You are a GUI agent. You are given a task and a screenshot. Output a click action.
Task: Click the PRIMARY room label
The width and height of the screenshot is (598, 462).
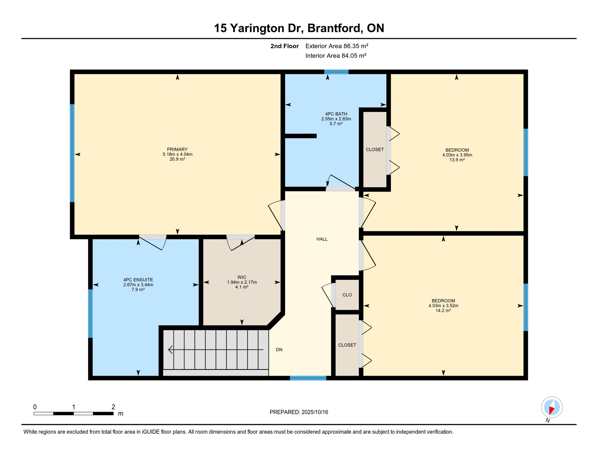(177, 149)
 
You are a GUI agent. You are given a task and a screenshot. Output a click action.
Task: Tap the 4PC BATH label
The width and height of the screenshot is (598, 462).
(336, 114)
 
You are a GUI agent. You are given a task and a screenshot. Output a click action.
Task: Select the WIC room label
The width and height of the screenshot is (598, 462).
(242, 277)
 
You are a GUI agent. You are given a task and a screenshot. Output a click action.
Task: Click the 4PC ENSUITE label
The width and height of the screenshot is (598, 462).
(138, 280)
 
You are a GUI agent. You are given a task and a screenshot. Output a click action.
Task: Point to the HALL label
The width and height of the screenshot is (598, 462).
(322, 239)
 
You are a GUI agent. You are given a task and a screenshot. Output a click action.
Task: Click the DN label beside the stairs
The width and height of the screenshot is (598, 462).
(279, 350)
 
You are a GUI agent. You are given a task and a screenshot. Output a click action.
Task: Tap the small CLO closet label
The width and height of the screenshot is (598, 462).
(347, 295)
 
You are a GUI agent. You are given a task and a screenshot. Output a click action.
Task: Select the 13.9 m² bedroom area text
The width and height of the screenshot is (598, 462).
(457, 160)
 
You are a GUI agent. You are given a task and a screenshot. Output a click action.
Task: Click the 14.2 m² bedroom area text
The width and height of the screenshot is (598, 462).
(443, 311)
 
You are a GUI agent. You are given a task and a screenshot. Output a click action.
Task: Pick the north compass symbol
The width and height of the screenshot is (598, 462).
(552, 408)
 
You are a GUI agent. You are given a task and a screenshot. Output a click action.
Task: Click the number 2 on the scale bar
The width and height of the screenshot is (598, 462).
(113, 407)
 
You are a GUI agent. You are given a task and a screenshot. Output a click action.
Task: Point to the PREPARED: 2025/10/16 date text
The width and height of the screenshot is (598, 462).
(299, 412)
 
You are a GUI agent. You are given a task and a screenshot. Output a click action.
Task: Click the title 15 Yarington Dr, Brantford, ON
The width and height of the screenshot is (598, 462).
(299, 28)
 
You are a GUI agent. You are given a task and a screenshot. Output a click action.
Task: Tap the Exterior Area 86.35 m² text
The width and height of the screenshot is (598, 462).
(337, 46)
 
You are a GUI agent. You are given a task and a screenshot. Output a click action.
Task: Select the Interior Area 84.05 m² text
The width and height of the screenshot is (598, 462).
(336, 56)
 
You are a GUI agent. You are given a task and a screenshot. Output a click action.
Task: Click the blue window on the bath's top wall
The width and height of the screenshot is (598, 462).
(336, 72)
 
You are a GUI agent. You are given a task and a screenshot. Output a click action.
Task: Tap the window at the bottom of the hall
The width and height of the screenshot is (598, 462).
(308, 378)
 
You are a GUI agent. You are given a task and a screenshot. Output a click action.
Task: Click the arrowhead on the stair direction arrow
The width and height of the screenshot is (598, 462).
(170, 350)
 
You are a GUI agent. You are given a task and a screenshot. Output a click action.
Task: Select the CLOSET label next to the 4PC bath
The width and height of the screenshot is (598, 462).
(375, 149)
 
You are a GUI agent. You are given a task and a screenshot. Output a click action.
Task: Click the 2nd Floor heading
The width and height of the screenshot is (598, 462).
(285, 46)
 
